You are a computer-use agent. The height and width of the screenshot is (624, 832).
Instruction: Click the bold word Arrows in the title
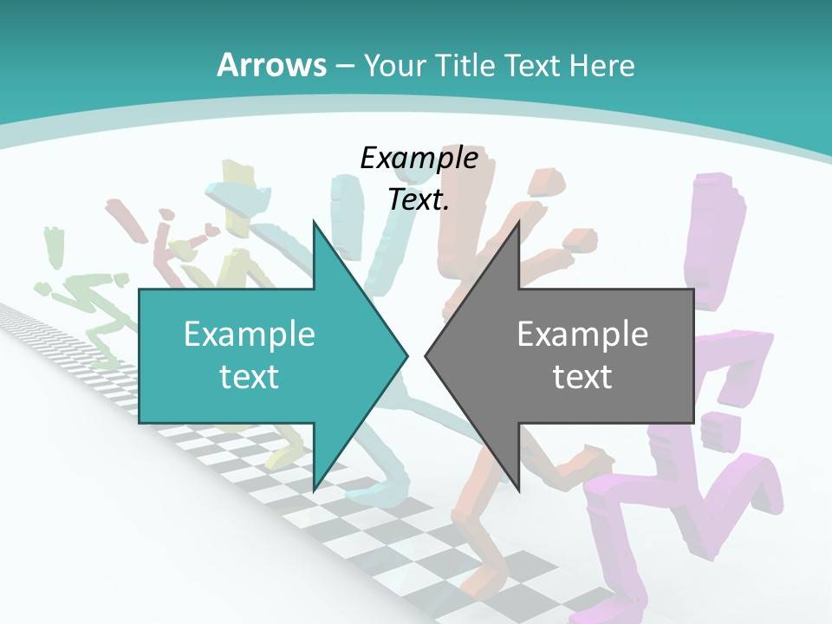coord(272,65)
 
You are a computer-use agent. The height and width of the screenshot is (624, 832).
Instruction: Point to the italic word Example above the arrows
coord(419,158)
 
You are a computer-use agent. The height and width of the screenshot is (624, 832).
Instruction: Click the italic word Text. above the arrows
coord(419,199)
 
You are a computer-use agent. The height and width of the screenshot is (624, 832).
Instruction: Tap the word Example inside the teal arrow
coord(250,334)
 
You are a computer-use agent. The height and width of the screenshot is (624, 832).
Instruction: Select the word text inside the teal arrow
coord(250,376)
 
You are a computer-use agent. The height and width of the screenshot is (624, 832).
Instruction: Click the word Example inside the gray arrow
coord(582,334)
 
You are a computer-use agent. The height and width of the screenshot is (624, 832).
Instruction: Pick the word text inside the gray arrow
coord(582,376)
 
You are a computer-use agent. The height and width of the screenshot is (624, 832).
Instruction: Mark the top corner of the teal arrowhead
coord(314,222)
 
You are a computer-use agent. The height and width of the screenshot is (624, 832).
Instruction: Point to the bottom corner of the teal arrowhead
coord(314,491)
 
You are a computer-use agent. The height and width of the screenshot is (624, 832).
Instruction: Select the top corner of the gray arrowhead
coord(518,222)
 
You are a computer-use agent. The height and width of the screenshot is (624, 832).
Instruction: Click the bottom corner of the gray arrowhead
coord(518,491)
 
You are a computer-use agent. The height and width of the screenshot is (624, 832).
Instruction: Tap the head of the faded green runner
coord(55,239)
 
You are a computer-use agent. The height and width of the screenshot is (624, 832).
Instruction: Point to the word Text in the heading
coord(533,65)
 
